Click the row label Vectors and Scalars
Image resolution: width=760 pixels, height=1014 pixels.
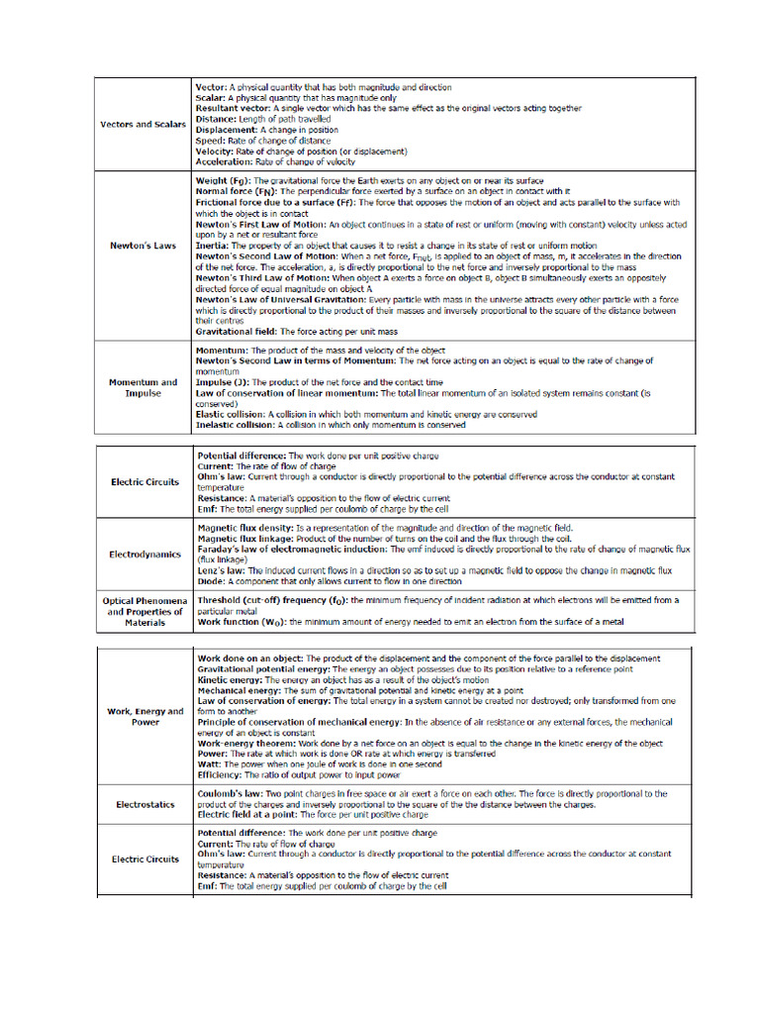(x=141, y=125)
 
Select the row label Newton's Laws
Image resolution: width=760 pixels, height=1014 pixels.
(x=141, y=246)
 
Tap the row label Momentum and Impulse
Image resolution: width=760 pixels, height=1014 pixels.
(x=142, y=387)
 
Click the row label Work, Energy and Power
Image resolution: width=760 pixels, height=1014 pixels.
(x=145, y=716)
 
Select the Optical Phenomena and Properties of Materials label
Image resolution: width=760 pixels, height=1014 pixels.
(x=144, y=611)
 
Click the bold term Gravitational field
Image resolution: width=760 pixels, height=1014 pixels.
(x=237, y=331)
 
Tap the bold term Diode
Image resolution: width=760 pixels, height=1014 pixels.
(x=211, y=581)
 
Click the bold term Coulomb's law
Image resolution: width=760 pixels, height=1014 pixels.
(x=231, y=793)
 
